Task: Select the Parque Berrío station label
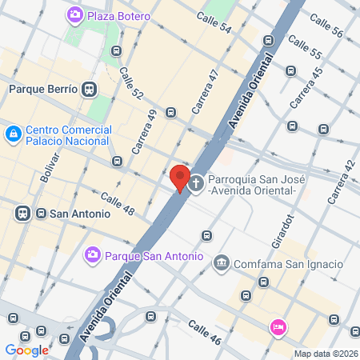tap(43, 90)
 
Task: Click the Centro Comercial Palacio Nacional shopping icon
tap(13, 136)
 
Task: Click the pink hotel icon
tap(278, 326)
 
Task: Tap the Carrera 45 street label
tap(307, 89)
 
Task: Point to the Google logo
tap(26, 350)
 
